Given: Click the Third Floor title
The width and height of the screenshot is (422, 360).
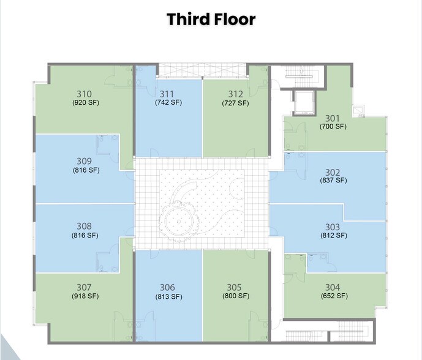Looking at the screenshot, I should pyautogui.click(x=211, y=19).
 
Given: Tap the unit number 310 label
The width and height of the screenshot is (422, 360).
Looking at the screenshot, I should pyautogui.click(x=85, y=94).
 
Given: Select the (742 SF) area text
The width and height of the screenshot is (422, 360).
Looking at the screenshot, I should pyautogui.click(x=168, y=103).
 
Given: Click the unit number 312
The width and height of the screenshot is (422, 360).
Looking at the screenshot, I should pyautogui.click(x=235, y=94).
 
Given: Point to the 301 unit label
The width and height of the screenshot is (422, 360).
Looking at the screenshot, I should pyautogui.click(x=333, y=118).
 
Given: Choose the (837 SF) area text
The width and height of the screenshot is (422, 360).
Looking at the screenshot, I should pyautogui.click(x=333, y=181).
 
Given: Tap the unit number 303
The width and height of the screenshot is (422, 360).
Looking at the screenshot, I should pyautogui.click(x=333, y=227).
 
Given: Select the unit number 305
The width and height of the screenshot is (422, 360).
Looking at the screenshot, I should pyautogui.click(x=234, y=287).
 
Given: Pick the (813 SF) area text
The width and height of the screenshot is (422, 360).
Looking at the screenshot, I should pyautogui.click(x=168, y=296).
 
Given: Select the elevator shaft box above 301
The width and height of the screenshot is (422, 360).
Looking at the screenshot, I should pyautogui.click(x=303, y=102).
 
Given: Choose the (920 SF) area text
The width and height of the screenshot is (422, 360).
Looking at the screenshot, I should pyautogui.click(x=85, y=103).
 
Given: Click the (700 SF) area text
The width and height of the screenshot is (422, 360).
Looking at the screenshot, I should pyautogui.click(x=333, y=126).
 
